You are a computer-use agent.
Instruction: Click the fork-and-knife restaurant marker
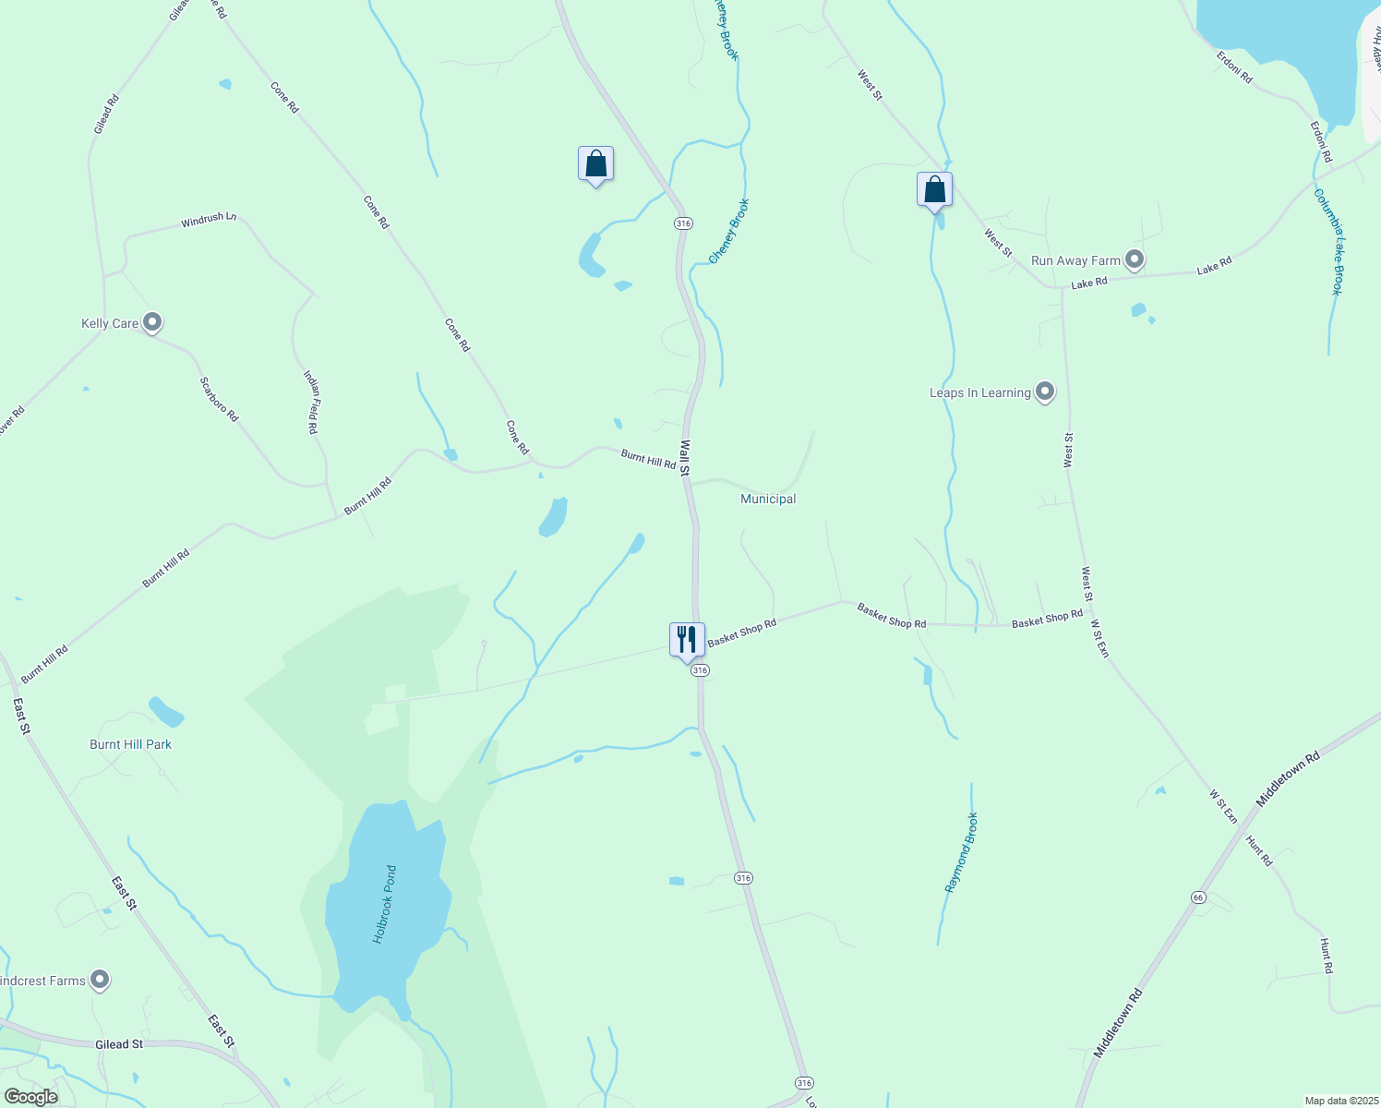(687, 640)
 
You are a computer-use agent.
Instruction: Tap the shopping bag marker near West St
(934, 189)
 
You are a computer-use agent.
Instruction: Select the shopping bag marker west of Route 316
(595, 164)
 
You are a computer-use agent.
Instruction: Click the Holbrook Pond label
(385, 904)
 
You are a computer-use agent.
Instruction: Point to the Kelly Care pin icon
(153, 323)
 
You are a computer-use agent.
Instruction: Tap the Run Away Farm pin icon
(1135, 260)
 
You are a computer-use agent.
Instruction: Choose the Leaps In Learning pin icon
(1045, 392)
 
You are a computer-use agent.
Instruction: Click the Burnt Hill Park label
(130, 744)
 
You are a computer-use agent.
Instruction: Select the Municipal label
(768, 499)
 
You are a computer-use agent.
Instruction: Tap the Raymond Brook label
(961, 852)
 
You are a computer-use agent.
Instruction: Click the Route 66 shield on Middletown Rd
(1198, 897)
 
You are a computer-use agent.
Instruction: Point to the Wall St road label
(685, 457)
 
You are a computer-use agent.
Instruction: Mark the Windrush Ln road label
(209, 220)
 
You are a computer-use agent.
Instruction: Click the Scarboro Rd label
(220, 400)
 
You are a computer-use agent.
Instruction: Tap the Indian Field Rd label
(312, 403)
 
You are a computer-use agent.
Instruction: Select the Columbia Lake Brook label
(1329, 242)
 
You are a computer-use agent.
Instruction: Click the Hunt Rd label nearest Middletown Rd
(1259, 850)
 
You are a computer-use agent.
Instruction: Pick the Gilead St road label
(119, 1044)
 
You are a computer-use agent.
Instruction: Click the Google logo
(31, 1097)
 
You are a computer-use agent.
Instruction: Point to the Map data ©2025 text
(1340, 1101)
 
